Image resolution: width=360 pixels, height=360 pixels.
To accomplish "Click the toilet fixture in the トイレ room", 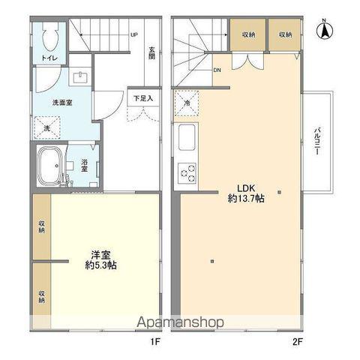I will pyautogui.click(x=51, y=38).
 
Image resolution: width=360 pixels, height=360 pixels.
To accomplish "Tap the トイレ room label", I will pyautogui.click(x=47, y=57).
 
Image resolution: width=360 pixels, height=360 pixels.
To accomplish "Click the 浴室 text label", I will pyautogui.click(x=84, y=165).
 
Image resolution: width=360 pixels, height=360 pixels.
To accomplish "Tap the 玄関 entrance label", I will pyautogui.click(x=151, y=54).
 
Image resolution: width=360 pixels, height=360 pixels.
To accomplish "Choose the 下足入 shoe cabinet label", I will pyautogui.click(x=143, y=97).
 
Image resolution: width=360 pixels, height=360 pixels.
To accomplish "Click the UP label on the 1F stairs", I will pyautogui.click(x=134, y=34).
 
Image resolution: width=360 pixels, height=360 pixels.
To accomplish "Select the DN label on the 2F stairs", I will pyautogui.click(x=217, y=70).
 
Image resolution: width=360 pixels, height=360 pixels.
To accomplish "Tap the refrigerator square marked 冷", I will pyautogui.click(x=186, y=104).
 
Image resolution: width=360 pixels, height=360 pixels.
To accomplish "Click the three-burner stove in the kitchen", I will pyautogui.click(x=186, y=173).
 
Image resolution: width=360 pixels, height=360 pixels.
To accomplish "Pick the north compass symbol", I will pyautogui.click(x=326, y=30).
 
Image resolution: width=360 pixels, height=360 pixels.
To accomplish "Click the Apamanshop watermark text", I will pyautogui.click(x=180, y=322).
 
